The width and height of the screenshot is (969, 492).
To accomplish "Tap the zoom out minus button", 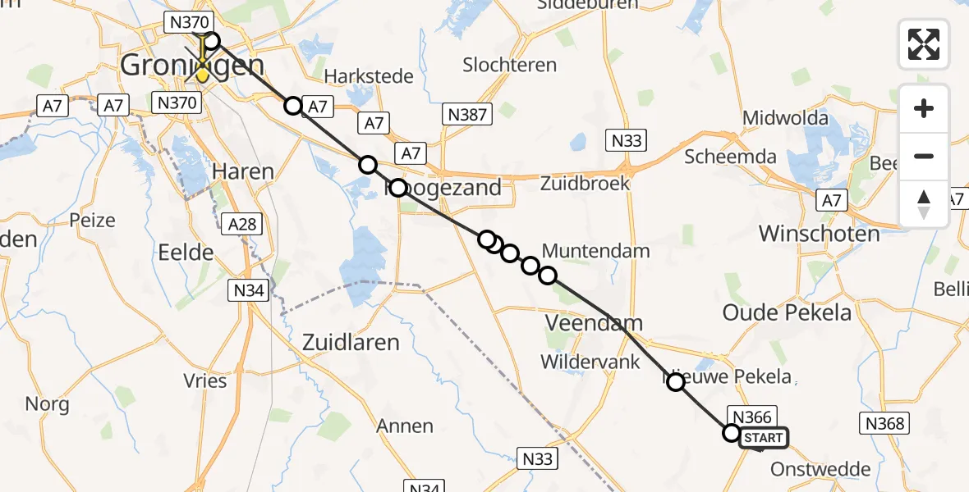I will click(924, 156).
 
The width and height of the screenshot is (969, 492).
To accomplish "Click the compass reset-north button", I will click(924, 204).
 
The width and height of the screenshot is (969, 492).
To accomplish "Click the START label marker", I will click(764, 438).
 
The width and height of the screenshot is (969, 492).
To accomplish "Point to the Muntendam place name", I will click(596, 251).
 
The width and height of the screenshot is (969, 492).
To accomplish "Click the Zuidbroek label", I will click(585, 183).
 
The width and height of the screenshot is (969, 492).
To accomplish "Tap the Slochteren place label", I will click(509, 64).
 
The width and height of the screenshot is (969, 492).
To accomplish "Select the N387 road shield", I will click(467, 115).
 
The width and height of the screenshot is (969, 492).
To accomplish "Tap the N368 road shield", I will click(884, 423).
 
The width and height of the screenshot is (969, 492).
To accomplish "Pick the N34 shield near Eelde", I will click(249, 290).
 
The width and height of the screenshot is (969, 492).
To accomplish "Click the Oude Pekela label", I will click(787, 312).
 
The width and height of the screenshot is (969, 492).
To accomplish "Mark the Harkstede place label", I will click(370, 76).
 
